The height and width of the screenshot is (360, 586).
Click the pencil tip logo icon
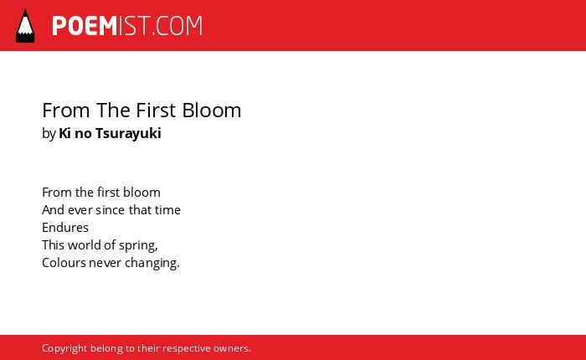(x=25, y=26)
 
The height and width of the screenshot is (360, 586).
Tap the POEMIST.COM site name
(x=127, y=26)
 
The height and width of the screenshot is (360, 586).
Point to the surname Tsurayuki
(x=128, y=133)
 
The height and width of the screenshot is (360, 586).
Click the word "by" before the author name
(x=49, y=133)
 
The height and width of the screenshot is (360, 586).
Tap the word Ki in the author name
(x=64, y=133)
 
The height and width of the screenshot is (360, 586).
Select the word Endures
(x=65, y=227)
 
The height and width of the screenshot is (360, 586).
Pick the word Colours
(x=64, y=263)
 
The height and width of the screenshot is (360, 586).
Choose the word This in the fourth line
(x=53, y=244)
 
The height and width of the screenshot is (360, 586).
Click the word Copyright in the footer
(x=64, y=348)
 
